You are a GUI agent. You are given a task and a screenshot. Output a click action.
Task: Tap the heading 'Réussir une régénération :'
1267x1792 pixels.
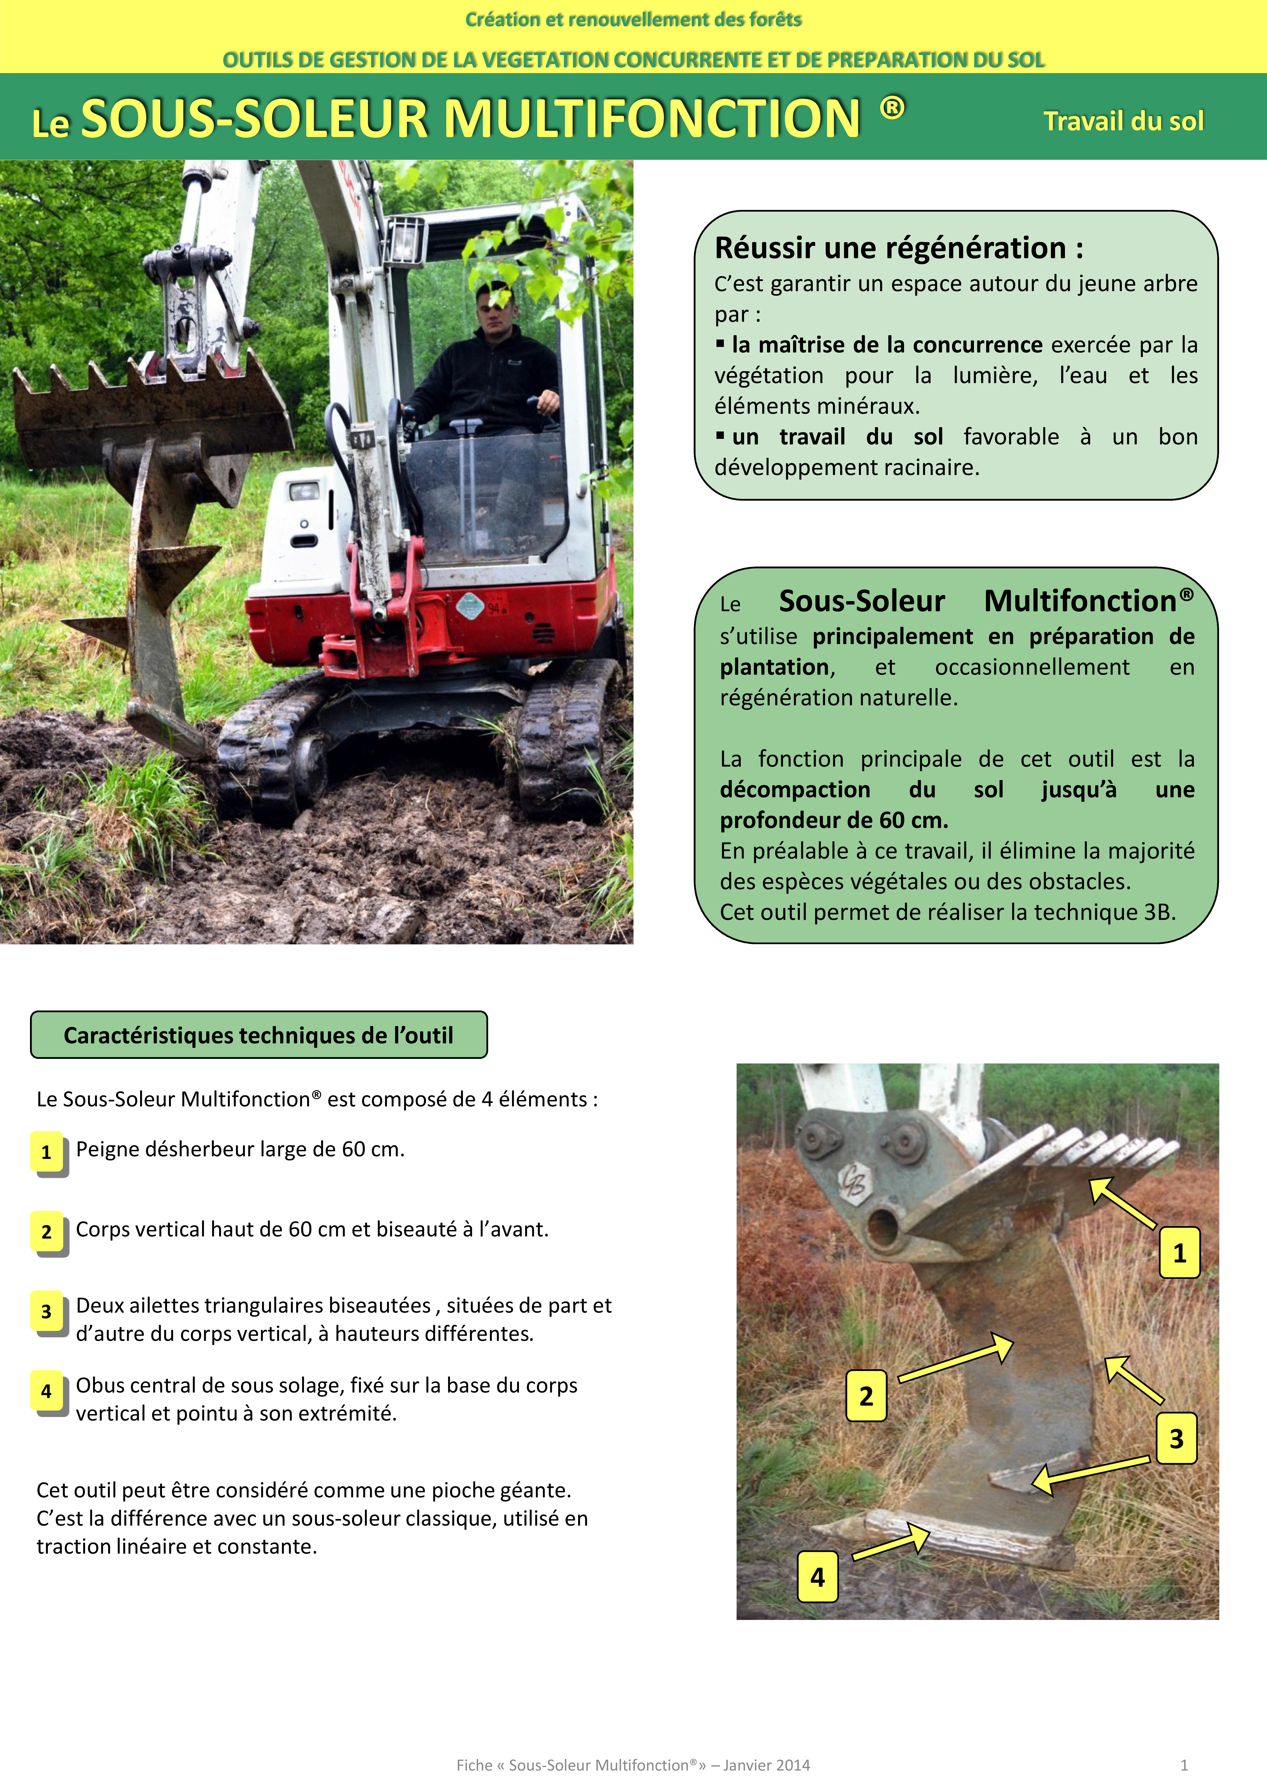[x=899, y=248]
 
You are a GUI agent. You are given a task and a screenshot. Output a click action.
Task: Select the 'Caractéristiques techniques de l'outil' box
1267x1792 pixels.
[x=258, y=1035]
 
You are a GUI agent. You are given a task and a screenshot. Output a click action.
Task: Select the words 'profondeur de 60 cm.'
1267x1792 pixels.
[x=834, y=820]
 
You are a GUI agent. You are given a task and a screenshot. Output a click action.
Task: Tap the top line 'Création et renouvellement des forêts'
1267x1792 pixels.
[x=633, y=19]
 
